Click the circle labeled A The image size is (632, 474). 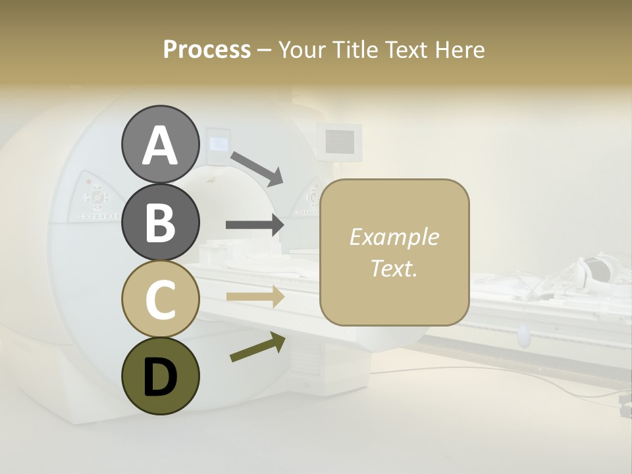tap(160, 144)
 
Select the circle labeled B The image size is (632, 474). tap(160, 222)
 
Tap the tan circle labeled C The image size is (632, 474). tap(160, 299)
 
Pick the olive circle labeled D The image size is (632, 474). tap(160, 376)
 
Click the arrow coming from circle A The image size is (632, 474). tap(256, 167)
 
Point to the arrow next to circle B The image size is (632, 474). tap(255, 225)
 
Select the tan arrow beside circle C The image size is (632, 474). tap(255, 296)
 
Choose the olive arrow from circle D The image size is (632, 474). tap(257, 347)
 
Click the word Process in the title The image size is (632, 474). tap(207, 49)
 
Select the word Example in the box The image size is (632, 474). tap(394, 237)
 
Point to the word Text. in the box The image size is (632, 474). tap(394, 268)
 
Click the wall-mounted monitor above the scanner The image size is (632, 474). tap(340, 140)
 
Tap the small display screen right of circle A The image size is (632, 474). tap(218, 143)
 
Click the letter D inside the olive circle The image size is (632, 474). tap(160, 377)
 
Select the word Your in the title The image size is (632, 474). tap(300, 49)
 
